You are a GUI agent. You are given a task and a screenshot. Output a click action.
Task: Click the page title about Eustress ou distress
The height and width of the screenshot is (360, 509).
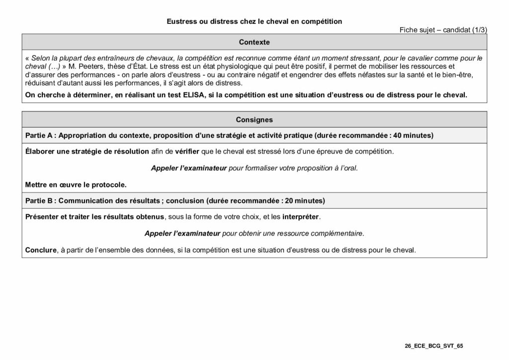tap(254, 21)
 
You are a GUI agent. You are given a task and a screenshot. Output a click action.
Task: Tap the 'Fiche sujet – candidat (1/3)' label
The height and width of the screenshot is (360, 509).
tap(443, 30)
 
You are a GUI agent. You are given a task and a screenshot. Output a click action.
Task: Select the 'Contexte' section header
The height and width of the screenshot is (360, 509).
tap(254, 42)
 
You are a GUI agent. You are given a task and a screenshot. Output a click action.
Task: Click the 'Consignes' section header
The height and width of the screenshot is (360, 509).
tap(254, 120)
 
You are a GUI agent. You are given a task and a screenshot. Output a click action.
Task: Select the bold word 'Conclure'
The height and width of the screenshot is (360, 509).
tap(41, 250)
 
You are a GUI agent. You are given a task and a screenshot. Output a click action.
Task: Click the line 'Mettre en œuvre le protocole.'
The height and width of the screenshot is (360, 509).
tap(76, 184)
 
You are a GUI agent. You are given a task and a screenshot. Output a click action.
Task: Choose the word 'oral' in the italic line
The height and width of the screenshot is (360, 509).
tap(349, 168)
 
